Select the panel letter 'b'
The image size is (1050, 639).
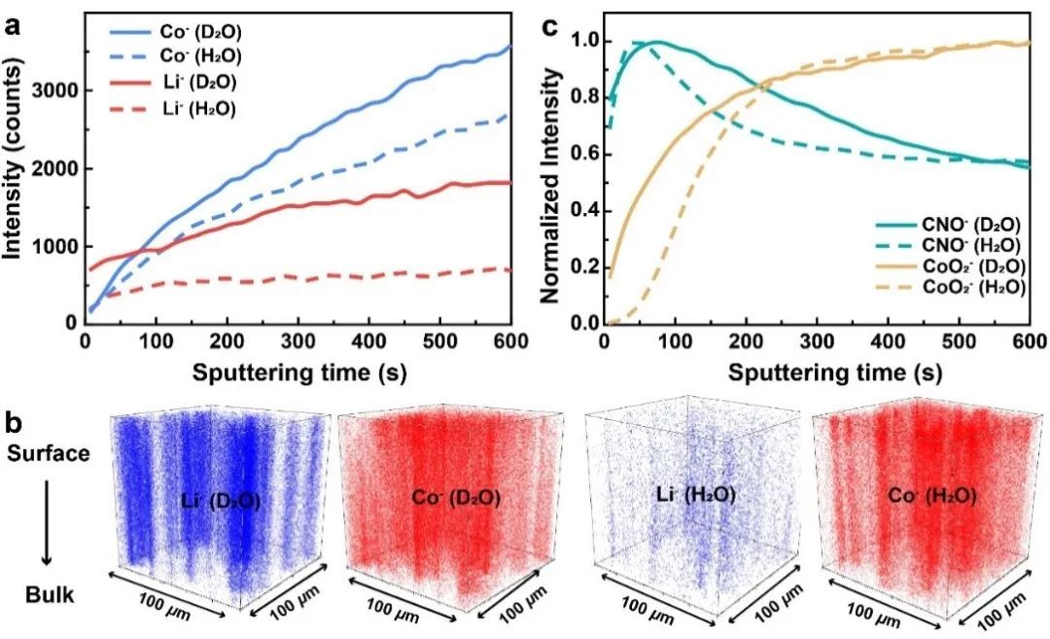pyautogui.click(x=15, y=424)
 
